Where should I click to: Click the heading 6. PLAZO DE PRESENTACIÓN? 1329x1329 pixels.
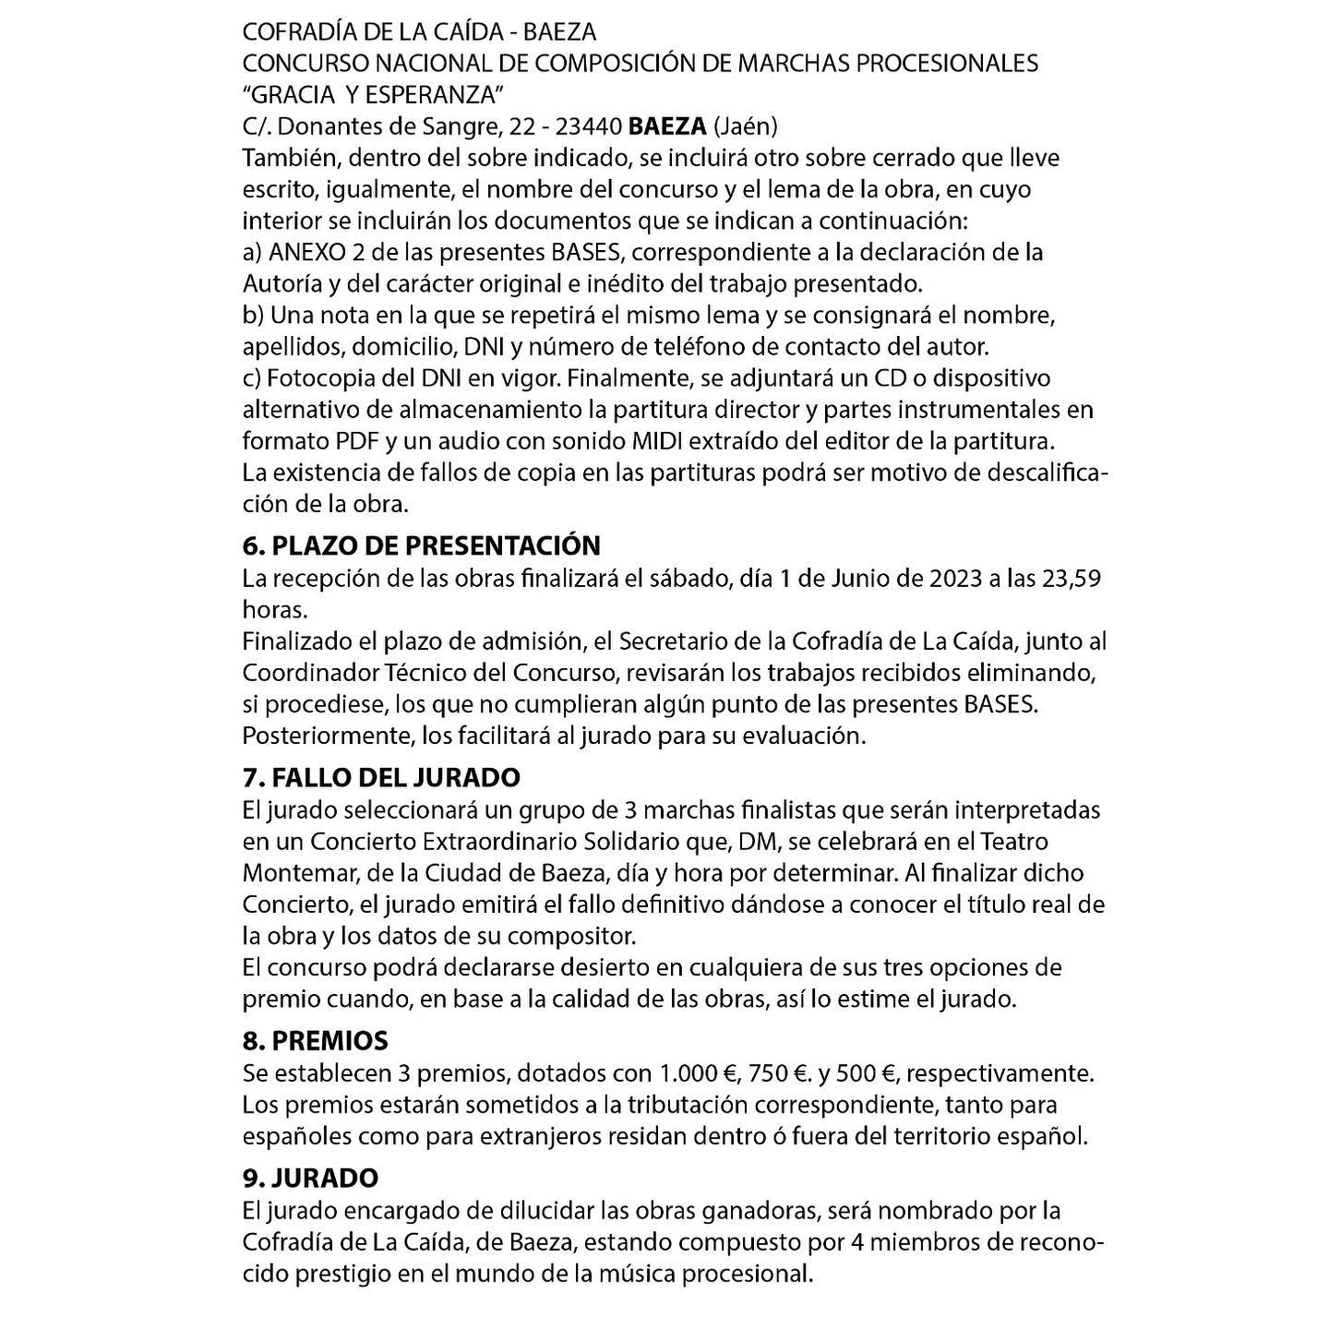(421, 545)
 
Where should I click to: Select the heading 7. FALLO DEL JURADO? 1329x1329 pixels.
(381, 777)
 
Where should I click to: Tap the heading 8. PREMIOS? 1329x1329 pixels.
(315, 1041)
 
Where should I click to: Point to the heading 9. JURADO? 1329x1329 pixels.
(310, 1179)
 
